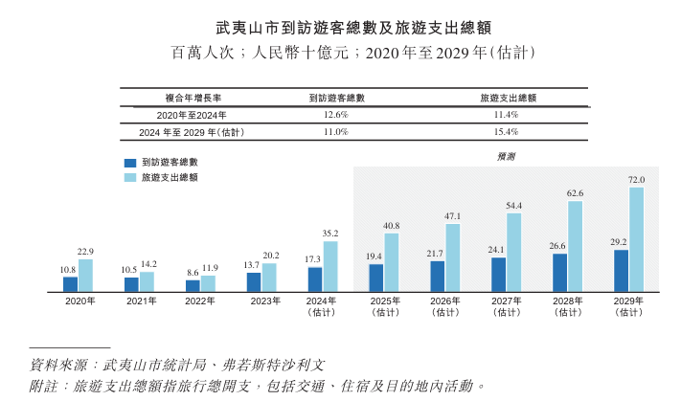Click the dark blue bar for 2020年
(x=70, y=283)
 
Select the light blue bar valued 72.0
(x=637, y=238)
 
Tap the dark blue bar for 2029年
(x=622, y=270)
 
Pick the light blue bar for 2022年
(x=208, y=282)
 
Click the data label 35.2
(x=330, y=234)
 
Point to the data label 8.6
(x=193, y=273)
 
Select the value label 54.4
(x=514, y=206)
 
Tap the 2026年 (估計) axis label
(x=445, y=306)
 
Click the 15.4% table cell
(x=506, y=131)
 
